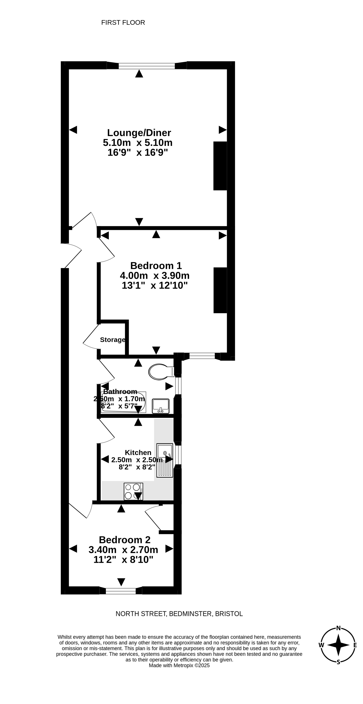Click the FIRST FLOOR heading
pyautogui.click(x=123, y=23)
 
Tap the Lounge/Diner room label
pyautogui.click(x=139, y=133)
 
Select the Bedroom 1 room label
pyautogui.click(x=156, y=266)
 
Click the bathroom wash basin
pyautogui.click(x=161, y=406)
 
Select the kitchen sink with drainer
pyautogui.click(x=165, y=460)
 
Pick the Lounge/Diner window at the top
pyautogui.click(x=147, y=66)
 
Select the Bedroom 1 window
pyautogui.click(x=202, y=356)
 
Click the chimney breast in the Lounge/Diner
pyautogui.click(x=220, y=166)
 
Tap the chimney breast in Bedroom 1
pyautogui.click(x=220, y=290)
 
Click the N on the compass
pyautogui.click(x=338, y=628)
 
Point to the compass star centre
pyautogui.click(x=338, y=645)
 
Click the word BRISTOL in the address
pyautogui.click(x=229, y=614)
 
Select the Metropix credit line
pyautogui.click(x=179, y=666)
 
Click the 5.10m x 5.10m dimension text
pyautogui.click(x=138, y=143)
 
